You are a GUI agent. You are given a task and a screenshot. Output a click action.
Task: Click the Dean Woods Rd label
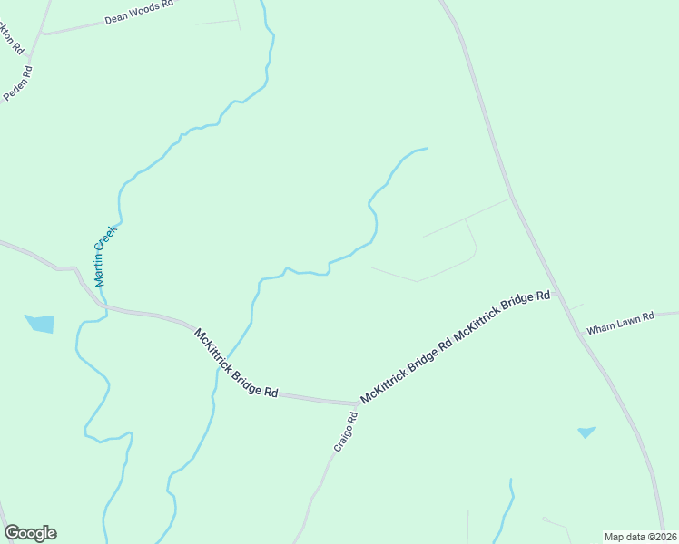point(138,12)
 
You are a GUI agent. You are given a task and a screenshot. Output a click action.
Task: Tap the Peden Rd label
point(18,83)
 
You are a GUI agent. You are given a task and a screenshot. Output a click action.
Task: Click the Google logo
point(30,533)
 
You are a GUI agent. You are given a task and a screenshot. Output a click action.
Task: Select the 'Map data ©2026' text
point(640,537)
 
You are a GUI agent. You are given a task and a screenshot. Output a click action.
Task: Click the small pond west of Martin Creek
point(40,324)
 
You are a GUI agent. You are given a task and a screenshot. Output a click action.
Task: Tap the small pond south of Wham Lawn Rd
point(586,432)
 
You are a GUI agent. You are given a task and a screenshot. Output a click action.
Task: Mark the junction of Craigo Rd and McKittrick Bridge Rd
point(357,403)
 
